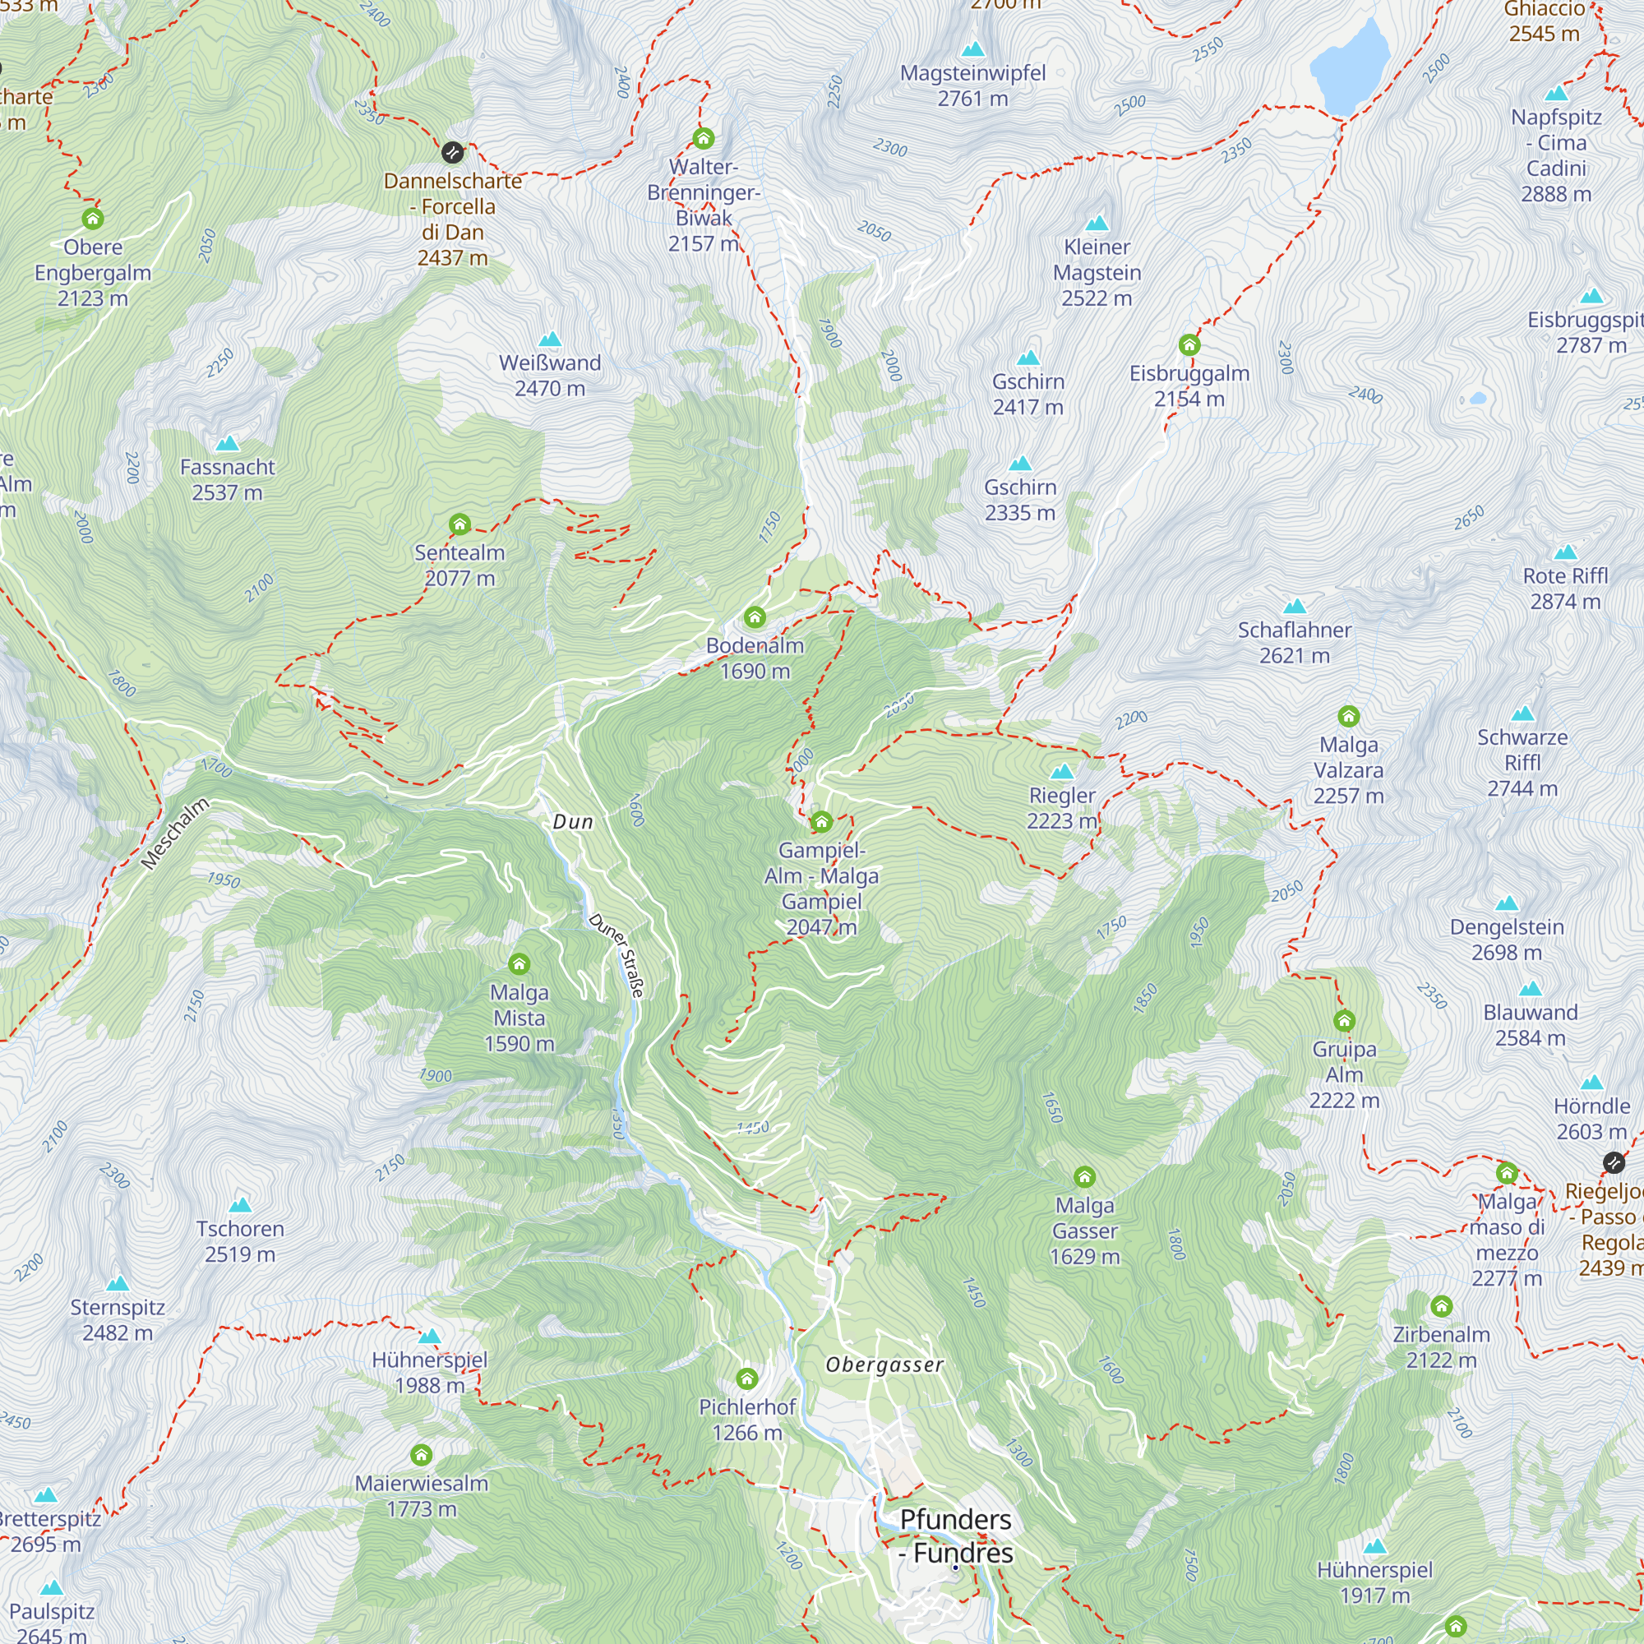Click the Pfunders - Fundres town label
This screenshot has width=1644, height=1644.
956,1536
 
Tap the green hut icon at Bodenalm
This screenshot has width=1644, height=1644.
755,617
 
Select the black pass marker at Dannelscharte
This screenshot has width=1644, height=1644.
453,152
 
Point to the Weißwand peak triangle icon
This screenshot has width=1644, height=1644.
551,339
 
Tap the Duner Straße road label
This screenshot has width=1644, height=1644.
617,954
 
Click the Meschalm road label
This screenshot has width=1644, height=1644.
174,834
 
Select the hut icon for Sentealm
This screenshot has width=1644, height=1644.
459,524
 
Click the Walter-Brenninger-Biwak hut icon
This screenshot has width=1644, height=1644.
704,138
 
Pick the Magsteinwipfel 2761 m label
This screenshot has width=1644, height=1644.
972,86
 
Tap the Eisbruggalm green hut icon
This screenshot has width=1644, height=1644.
1189,344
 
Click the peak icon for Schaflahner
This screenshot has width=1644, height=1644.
1295,607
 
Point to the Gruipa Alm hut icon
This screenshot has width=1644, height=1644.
1345,1020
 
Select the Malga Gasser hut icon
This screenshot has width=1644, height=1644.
1084,1177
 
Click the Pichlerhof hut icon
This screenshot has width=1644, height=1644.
747,1378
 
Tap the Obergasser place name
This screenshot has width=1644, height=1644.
885,1365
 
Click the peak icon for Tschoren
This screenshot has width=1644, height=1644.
241,1205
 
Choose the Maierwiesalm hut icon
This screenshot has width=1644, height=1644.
421,1455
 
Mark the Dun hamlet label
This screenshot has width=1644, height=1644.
573,822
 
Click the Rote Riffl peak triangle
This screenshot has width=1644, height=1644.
1566,552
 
